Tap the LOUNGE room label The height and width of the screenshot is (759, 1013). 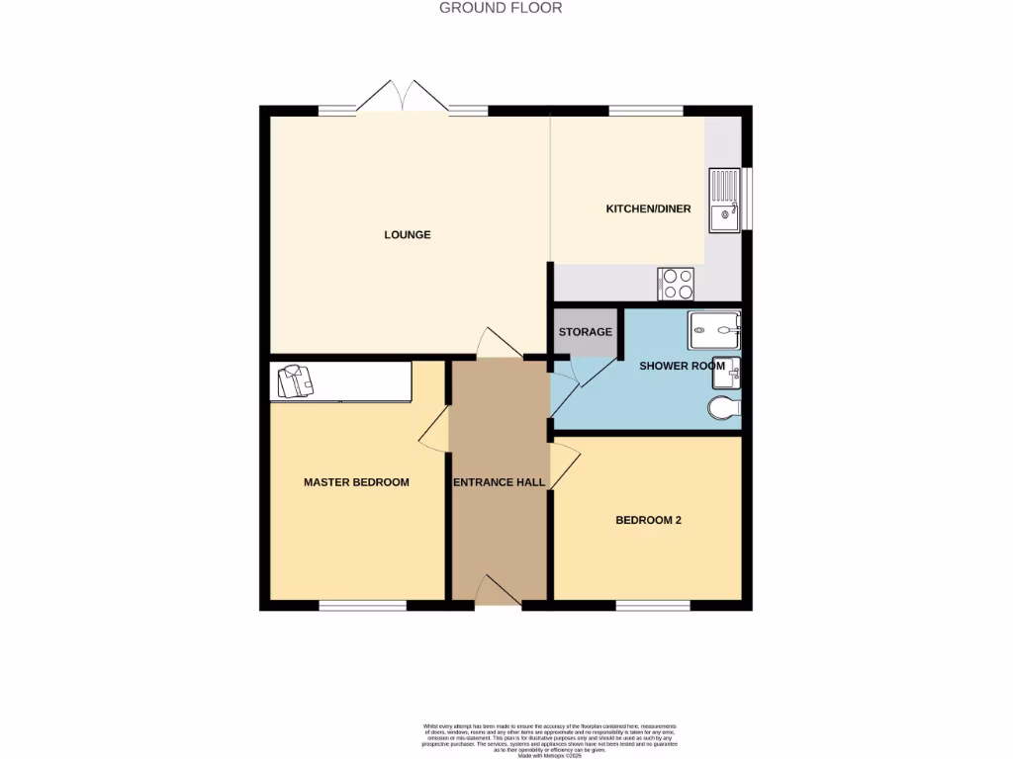pyautogui.click(x=408, y=234)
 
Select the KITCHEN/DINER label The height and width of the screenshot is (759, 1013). pyautogui.click(x=648, y=209)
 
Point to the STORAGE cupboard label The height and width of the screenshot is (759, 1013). pyautogui.click(x=585, y=332)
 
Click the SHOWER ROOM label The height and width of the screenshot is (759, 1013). pyautogui.click(x=682, y=366)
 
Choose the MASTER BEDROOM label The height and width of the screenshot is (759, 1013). pyautogui.click(x=356, y=482)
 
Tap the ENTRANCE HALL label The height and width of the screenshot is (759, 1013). pyautogui.click(x=499, y=482)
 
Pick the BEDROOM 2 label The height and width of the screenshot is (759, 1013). pyautogui.click(x=648, y=520)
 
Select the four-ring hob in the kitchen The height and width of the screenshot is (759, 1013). pyautogui.click(x=676, y=284)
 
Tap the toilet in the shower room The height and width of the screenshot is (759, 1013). pyautogui.click(x=724, y=406)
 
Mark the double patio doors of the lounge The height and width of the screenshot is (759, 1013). pyautogui.click(x=401, y=96)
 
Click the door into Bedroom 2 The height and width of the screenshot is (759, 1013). pyautogui.click(x=564, y=464)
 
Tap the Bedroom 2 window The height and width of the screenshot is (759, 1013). pyautogui.click(x=653, y=604)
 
